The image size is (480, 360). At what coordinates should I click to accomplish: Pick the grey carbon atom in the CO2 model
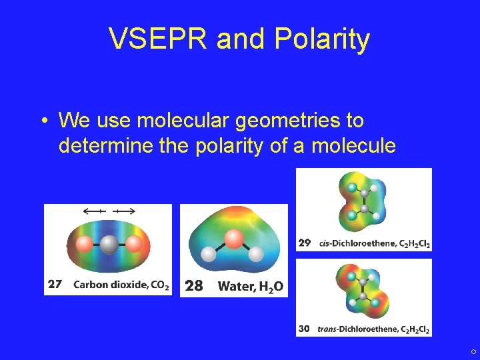tap(107, 245)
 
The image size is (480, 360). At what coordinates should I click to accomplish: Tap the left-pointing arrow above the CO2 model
tap(93, 211)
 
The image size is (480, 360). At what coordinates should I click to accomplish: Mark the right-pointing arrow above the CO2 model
tap(124, 211)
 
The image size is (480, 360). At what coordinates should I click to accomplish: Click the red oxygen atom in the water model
tap(234, 238)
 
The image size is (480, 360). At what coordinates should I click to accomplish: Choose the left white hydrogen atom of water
tap(209, 254)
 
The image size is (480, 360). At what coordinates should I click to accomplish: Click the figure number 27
tap(55, 285)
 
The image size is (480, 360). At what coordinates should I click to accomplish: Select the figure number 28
tap(193, 286)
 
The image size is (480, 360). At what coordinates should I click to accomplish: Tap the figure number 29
tap(304, 243)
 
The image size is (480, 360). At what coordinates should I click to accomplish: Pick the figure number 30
tap(304, 329)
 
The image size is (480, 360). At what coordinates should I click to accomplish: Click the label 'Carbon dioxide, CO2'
tap(121, 285)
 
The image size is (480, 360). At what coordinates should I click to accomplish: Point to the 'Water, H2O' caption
tap(251, 287)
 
